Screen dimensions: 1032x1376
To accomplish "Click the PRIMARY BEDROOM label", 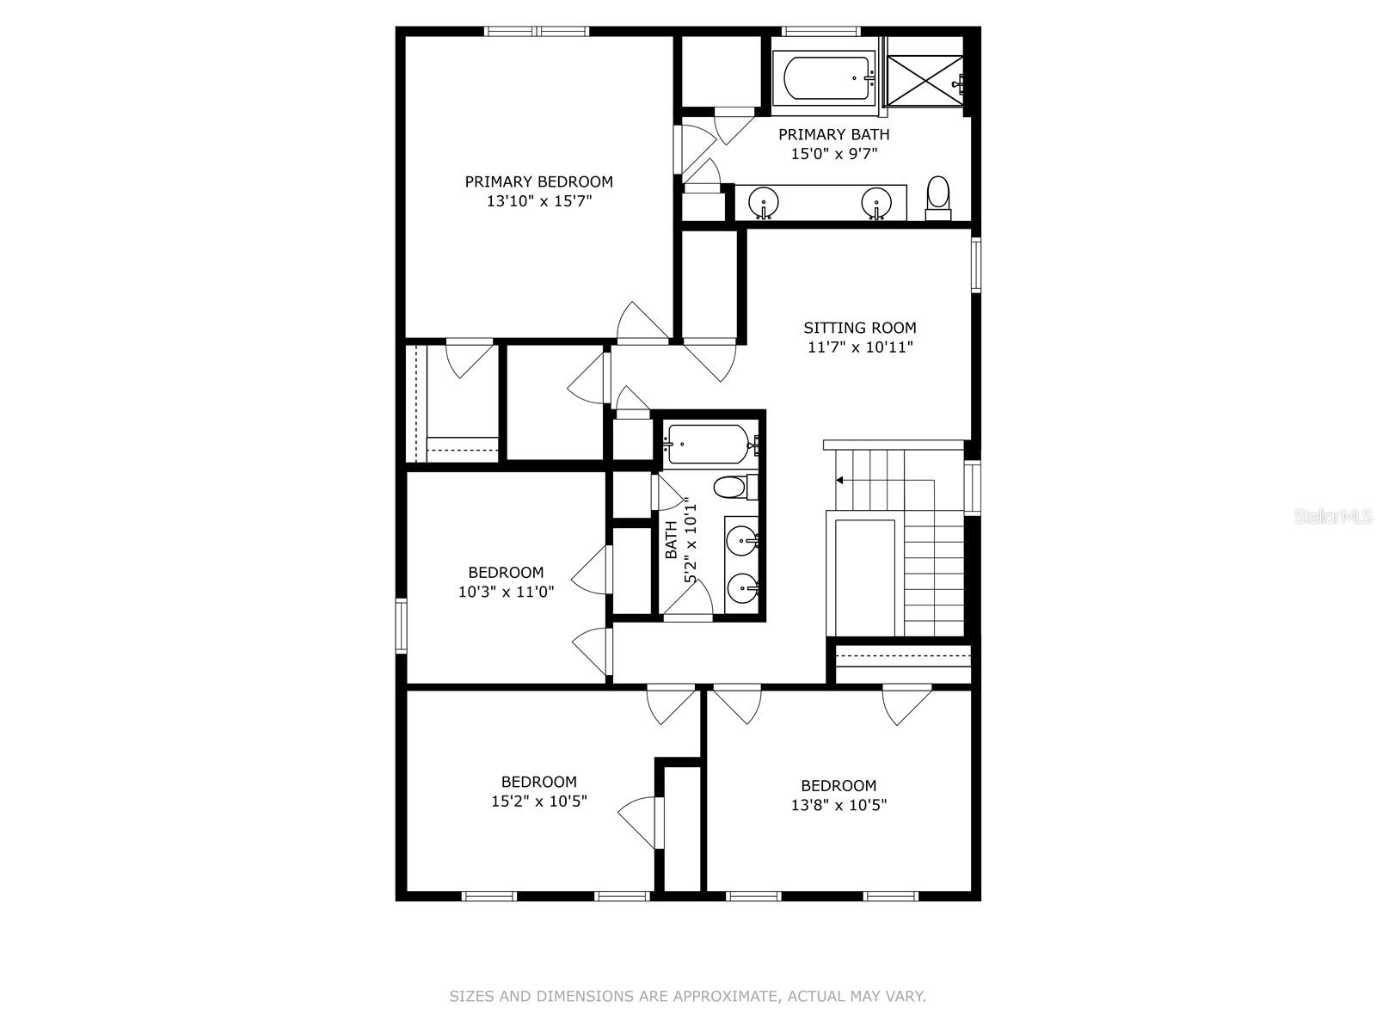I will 539,181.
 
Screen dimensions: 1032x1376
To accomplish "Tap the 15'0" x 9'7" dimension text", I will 833,155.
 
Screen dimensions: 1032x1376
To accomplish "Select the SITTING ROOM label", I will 860,328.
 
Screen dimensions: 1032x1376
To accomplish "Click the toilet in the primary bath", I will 938,197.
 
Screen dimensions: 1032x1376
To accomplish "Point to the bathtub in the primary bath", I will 823,78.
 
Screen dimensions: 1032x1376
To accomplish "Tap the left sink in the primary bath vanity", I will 763,203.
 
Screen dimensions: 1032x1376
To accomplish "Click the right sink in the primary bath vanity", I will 876,203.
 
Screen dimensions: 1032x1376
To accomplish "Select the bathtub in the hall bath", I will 707,444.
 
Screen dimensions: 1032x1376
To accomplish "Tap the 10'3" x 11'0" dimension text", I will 506,592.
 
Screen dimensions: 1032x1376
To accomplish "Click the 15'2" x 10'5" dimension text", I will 539,802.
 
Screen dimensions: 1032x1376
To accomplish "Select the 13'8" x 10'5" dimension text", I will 838,805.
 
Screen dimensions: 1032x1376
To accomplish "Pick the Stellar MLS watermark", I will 1334,517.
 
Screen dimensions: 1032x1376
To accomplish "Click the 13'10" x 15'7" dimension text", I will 539,201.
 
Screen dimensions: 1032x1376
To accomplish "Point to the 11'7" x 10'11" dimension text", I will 860,347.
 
